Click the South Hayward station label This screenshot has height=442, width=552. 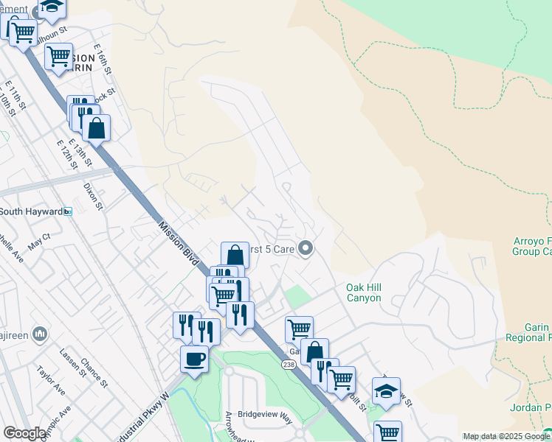pyautogui.click(x=31, y=211)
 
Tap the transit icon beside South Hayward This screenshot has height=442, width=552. pyautogui.click(x=68, y=211)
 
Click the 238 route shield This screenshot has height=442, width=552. pyautogui.click(x=289, y=365)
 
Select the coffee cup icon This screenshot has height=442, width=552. pyautogui.click(x=194, y=359)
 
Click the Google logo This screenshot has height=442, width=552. pyautogui.click(x=24, y=433)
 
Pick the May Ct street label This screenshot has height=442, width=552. pyautogui.click(x=38, y=240)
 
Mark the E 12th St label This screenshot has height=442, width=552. pyautogui.click(x=67, y=151)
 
